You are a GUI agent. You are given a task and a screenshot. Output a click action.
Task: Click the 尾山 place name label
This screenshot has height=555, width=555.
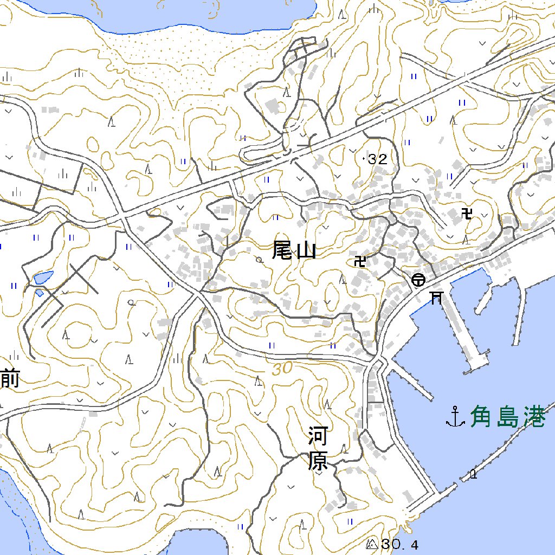(294, 250)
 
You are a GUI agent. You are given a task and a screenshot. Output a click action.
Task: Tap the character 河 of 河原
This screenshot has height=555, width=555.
(318, 436)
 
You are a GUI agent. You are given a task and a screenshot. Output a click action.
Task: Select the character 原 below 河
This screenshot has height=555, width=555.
(318, 461)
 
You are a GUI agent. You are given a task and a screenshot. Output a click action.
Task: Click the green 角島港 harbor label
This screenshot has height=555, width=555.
(507, 417)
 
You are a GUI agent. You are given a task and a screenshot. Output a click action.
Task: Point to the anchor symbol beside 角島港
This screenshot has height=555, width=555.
(455, 417)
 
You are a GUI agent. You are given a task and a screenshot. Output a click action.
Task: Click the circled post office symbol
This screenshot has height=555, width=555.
(418, 280)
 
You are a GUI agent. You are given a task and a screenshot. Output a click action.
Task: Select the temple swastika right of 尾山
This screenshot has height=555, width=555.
(359, 262)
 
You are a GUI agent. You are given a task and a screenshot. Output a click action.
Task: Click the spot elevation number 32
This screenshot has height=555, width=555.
(377, 159)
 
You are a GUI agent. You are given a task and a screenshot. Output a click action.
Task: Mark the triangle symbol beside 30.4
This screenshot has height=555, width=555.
(372, 544)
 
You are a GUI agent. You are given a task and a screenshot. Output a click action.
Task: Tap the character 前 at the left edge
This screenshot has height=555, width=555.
(10, 378)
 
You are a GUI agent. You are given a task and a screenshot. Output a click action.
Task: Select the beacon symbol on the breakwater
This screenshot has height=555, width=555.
(473, 475)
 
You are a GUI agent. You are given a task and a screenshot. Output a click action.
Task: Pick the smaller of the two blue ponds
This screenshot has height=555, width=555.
(40, 293)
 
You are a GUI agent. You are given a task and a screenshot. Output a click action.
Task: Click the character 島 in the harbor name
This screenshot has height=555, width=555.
(507, 417)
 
